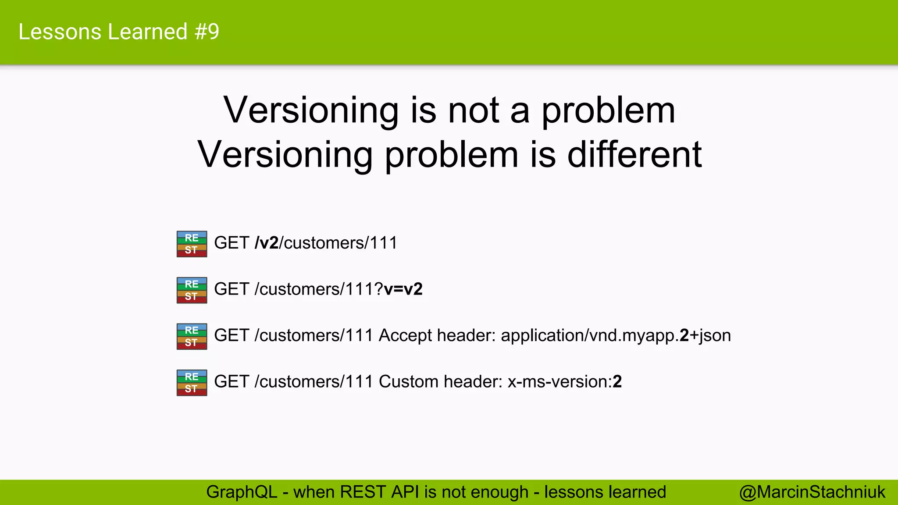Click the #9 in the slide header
(207, 32)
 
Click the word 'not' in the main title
(473, 110)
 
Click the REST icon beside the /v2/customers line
(192, 244)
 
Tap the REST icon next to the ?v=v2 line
(192, 290)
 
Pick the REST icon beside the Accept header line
(192, 336)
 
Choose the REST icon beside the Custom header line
(192, 383)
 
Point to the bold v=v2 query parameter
(403, 289)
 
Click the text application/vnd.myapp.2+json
(616, 336)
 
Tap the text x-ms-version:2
(564, 382)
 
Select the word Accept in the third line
(405, 336)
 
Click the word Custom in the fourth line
(408, 382)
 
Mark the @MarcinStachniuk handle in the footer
(812, 492)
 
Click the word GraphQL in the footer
(242, 492)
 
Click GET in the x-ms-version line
(232, 382)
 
